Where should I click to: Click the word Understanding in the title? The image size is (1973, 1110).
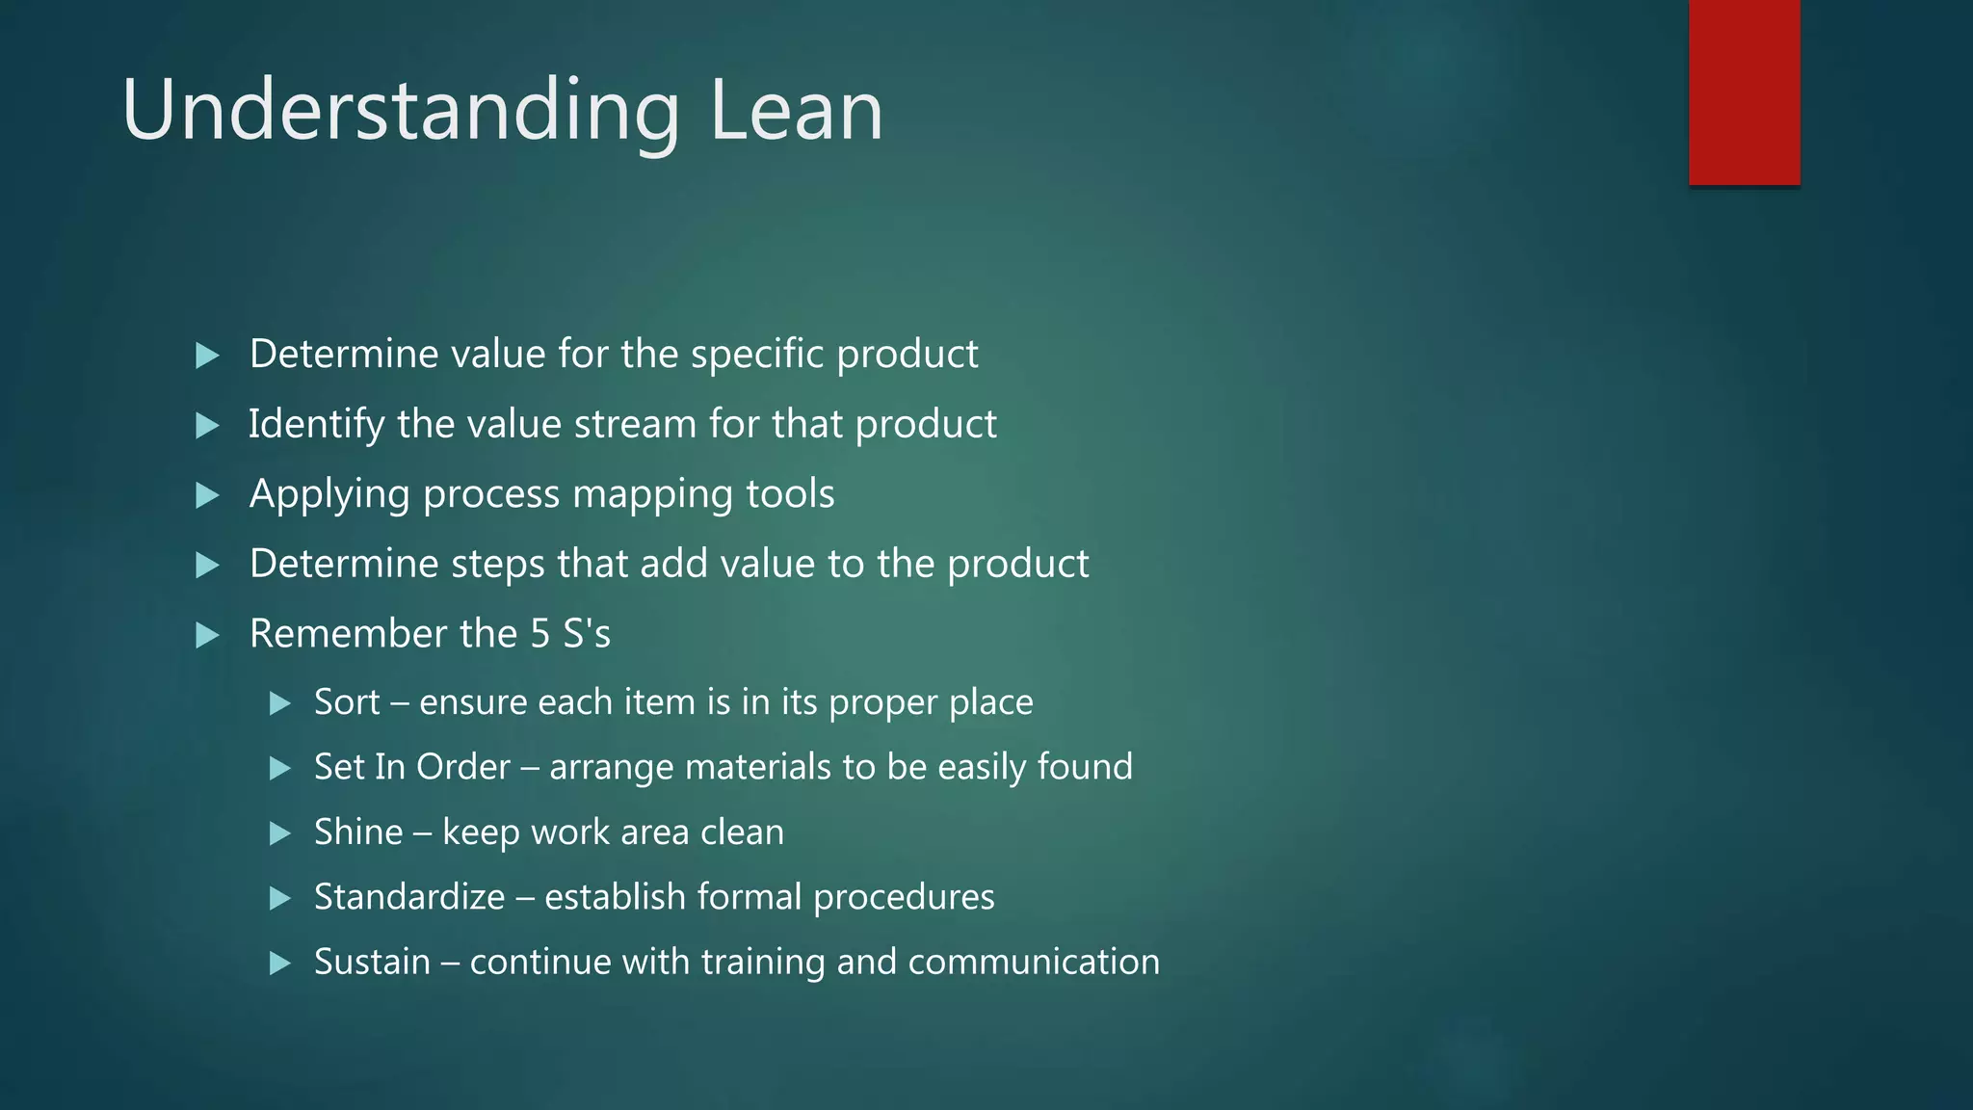401,112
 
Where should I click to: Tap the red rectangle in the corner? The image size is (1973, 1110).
1744,92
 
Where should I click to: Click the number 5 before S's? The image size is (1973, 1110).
540,634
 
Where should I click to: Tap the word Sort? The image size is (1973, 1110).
347,702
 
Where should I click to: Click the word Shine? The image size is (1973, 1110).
358,832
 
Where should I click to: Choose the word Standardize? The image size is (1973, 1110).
409,897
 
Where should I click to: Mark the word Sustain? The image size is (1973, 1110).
372,962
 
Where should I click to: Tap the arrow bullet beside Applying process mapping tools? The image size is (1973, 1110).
207,495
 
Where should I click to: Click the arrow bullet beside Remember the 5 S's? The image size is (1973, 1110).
207,635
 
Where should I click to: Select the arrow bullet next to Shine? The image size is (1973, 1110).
280,833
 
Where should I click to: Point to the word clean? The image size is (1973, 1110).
742,832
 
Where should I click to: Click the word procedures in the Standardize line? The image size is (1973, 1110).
904,898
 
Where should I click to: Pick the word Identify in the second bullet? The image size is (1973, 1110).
316,425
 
